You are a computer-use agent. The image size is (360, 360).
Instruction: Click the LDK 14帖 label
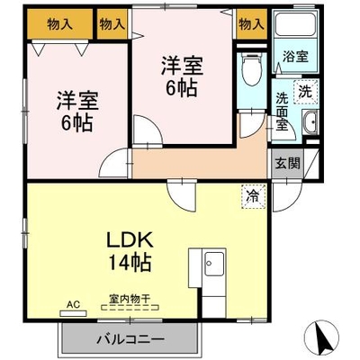tap(130, 251)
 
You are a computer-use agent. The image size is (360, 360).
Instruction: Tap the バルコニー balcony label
tap(130, 340)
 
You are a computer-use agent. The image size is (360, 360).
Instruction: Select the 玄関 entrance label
tap(287, 164)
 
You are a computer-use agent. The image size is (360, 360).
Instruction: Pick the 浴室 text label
tap(295, 57)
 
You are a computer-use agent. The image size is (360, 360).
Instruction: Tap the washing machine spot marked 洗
tap(305, 92)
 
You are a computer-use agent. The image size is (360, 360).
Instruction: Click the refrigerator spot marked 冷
tap(254, 196)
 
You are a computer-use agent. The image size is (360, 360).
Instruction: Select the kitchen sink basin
tap(213, 264)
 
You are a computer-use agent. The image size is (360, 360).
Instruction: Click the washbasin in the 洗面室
tap(310, 122)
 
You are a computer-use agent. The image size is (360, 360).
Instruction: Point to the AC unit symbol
tap(73, 313)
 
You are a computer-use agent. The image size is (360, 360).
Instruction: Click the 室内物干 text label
tap(130, 299)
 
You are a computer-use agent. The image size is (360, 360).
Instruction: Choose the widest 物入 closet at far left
tap(59, 24)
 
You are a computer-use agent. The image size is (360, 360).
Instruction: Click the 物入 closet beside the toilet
tap(252, 24)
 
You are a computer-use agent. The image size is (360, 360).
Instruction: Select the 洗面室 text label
tap(282, 112)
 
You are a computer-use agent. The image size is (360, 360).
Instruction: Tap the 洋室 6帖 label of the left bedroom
tap(77, 111)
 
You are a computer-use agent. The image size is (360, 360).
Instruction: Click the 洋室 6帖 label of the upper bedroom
tap(182, 76)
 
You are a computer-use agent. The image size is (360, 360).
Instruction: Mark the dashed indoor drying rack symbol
tap(130, 308)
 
